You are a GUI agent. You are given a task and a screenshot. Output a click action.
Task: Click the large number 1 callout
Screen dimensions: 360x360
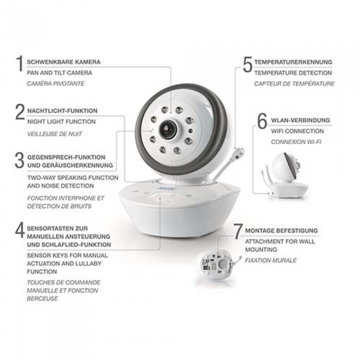coord(20,63)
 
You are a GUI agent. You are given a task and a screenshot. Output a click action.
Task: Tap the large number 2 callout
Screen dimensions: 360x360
coord(20,112)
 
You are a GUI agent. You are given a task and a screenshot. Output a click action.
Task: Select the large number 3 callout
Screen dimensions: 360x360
coord(20,160)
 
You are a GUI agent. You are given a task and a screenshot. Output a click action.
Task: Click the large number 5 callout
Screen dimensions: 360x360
coord(248,64)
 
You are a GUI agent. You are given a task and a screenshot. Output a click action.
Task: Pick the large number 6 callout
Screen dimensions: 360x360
coord(262,121)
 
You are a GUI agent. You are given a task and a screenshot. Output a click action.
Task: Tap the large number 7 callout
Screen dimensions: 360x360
coord(238,231)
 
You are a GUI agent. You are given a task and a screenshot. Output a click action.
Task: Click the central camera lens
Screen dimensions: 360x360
coord(168,129)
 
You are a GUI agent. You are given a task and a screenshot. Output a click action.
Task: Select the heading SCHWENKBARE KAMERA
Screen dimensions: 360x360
coord(64,62)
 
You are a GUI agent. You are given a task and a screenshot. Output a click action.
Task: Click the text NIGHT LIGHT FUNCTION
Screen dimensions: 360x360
coord(61,122)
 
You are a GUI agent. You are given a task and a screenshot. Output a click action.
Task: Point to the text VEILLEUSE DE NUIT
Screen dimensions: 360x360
coord(55,134)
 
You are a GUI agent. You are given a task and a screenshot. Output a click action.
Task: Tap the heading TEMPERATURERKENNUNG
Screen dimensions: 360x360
coord(293,62)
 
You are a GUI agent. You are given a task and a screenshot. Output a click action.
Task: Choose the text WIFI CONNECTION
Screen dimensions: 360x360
coord(297,131)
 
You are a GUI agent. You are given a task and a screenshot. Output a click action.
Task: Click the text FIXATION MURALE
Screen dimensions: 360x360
coord(271,260)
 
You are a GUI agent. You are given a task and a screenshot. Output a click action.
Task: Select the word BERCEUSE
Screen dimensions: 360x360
coord(42,299)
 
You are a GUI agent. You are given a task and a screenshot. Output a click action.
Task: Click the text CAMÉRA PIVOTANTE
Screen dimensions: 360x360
coord(56,83)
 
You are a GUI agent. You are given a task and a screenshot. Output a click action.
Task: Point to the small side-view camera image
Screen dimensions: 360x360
coord(285,176)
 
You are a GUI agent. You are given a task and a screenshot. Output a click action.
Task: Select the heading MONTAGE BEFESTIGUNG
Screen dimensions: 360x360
coord(281,230)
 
